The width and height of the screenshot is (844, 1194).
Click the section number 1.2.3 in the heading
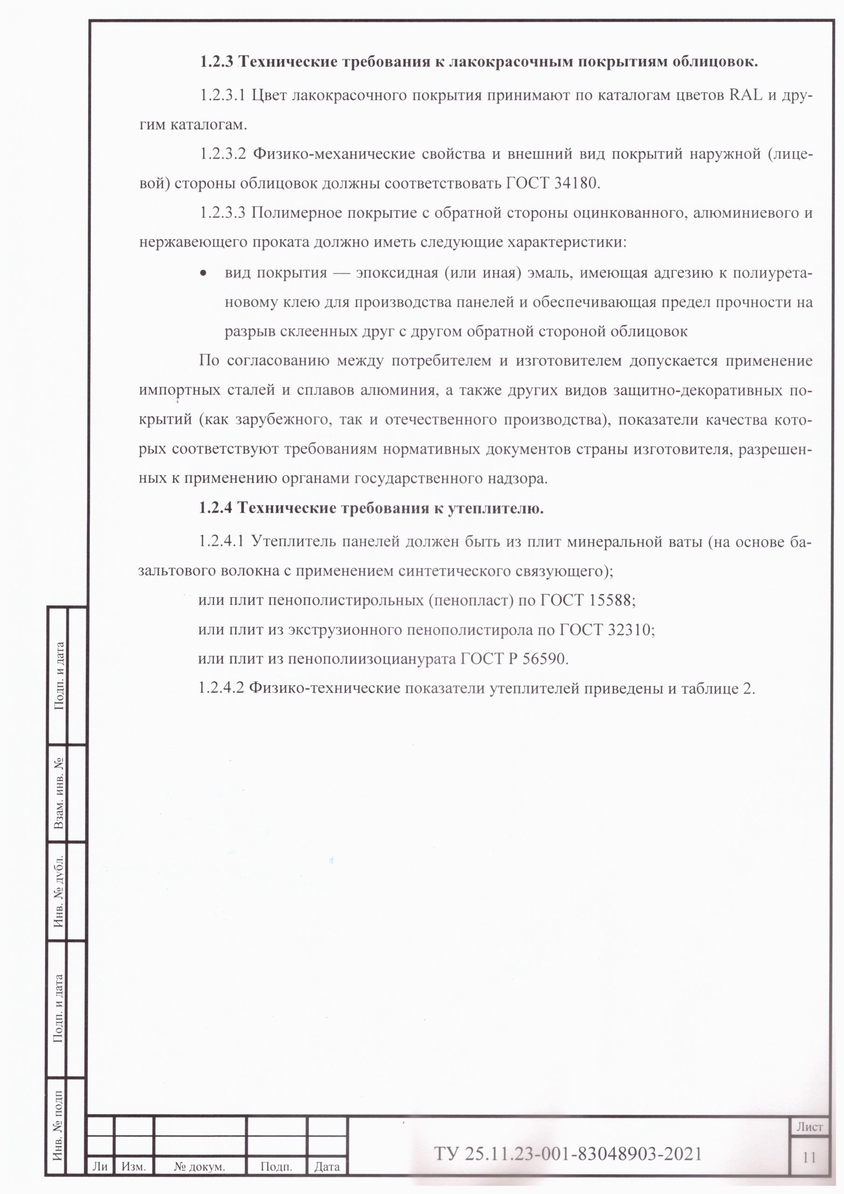click(x=216, y=62)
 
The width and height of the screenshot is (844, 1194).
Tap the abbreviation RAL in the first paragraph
click(x=749, y=96)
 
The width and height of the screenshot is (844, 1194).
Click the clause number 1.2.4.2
click(x=221, y=688)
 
